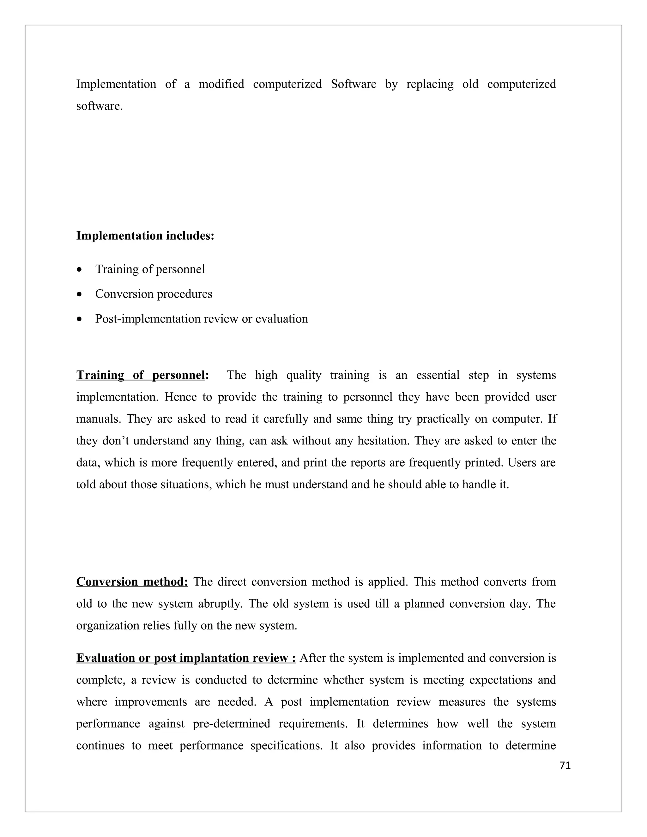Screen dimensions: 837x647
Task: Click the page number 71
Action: tap(565, 765)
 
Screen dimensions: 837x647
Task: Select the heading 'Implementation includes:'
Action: tap(145, 236)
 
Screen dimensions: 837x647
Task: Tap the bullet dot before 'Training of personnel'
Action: tap(79, 270)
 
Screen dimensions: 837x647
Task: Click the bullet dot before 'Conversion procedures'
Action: tap(79, 295)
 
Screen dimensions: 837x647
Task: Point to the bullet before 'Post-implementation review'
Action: tap(79, 319)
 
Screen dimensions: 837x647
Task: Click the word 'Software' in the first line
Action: tap(354, 84)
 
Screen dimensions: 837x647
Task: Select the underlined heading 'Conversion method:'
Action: tap(132, 581)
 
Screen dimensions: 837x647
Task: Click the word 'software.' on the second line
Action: tap(99, 106)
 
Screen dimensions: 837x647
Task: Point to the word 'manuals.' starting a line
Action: tap(99, 418)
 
